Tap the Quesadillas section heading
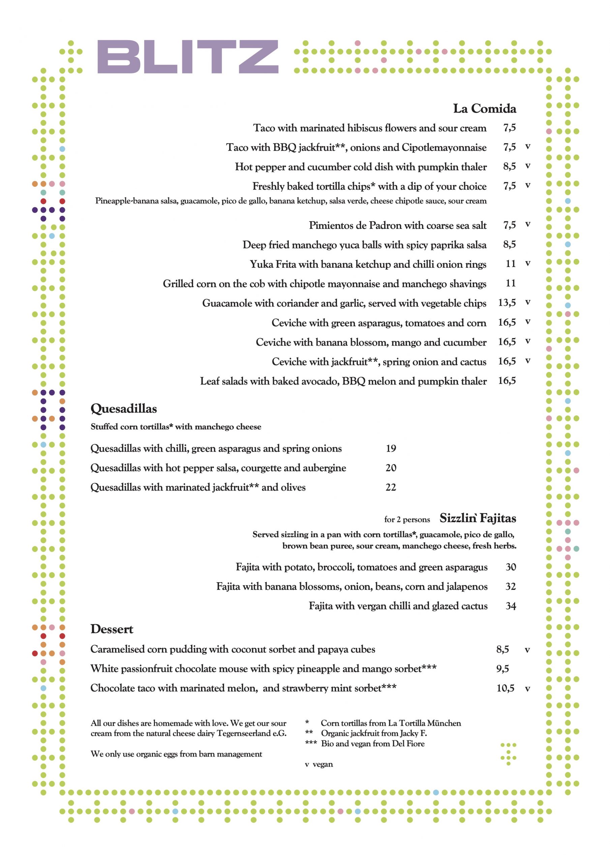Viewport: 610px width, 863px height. click(x=124, y=409)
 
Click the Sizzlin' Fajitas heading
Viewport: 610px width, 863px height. click(x=477, y=518)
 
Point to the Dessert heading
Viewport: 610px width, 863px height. click(x=112, y=629)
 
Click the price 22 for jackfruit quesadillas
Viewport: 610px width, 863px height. click(x=391, y=487)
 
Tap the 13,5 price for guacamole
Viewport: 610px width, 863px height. click(x=507, y=303)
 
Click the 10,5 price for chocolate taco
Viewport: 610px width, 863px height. click(x=505, y=688)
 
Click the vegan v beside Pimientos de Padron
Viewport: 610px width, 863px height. click(x=528, y=225)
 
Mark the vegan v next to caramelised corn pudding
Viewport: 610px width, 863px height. click(x=527, y=650)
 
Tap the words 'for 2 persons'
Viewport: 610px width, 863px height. click(x=407, y=519)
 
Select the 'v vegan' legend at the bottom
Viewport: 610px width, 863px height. click(x=319, y=764)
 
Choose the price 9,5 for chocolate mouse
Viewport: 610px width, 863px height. click(x=502, y=669)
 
